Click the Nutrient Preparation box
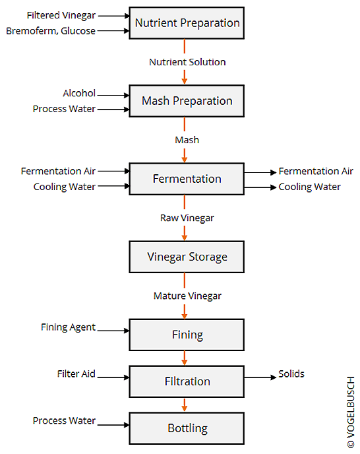coord(187,23)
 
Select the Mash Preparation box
coord(187,101)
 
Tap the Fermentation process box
coord(187,179)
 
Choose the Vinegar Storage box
coord(187,257)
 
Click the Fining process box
coord(187,335)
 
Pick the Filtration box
coord(187,381)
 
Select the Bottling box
coord(187,428)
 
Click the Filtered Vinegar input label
coord(61,15)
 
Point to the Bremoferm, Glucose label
coord(51,31)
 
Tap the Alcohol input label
coord(79,93)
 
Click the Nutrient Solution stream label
coord(187,62)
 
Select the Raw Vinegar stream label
coord(187,218)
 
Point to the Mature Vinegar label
coord(187,296)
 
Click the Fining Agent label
coord(68,327)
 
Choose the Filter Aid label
coord(76,373)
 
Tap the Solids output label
coord(291,373)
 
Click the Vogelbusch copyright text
coord(351,412)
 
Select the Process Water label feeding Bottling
coord(64,420)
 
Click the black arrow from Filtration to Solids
coord(260,377)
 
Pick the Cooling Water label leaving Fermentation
coord(309,187)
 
